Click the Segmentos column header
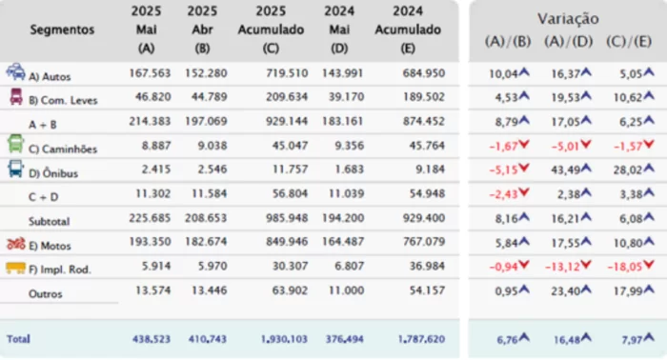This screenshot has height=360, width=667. (x=62, y=30)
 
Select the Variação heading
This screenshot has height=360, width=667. (x=568, y=18)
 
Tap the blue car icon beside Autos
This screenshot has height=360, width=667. (x=15, y=71)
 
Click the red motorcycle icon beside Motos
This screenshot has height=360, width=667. (x=15, y=243)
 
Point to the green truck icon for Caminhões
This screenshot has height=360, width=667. (x=15, y=143)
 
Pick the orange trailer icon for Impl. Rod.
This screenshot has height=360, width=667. (x=15, y=269)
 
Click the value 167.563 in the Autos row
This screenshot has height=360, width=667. (x=146, y=73)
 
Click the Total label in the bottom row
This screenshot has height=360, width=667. (x=18, y=338)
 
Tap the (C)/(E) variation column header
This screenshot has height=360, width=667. (x=627, y=41)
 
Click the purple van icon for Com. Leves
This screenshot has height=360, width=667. (x=15, y=95)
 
